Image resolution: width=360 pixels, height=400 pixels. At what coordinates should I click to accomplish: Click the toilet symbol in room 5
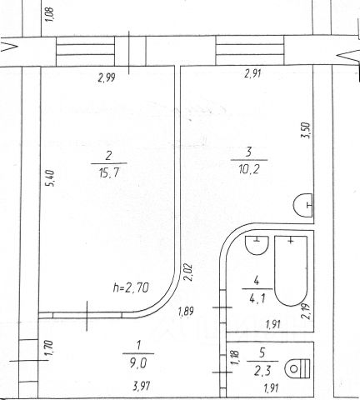tap(297, 368)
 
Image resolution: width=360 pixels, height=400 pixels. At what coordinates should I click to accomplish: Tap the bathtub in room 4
tap(291, 271)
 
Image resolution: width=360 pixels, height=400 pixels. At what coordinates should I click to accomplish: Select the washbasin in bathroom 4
tap(257, 245)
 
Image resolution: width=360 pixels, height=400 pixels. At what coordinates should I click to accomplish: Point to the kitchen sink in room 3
tap(302, 205)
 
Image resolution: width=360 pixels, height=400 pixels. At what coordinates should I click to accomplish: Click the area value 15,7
tap(109, 172)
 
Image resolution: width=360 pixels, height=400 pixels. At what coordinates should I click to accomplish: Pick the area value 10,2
tap(249, 169)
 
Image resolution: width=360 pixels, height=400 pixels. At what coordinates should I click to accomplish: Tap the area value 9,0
tap(138, 362)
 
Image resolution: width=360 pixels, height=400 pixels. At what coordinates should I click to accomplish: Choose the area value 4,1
tap(257, 298)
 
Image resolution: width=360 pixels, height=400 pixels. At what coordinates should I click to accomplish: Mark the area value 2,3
tap(262, 371)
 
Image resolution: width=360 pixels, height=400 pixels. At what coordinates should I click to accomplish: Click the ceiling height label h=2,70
tap(131, 287)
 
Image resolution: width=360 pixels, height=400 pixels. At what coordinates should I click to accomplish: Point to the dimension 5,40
tap(52, 178)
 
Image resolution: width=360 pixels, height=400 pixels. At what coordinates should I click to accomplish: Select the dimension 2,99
tap(107, 77)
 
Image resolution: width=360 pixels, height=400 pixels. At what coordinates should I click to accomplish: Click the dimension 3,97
tap(142, 386)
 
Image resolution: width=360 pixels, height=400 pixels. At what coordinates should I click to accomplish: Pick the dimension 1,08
tap(49, 14)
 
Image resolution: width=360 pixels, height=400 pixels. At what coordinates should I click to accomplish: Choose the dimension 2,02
tap(188, 272)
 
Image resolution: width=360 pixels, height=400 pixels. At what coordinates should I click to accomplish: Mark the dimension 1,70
tap(48, 348)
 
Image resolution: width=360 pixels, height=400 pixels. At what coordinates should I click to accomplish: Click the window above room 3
tap(250, 50)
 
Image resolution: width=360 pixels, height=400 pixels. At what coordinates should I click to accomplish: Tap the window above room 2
tap(85, 51)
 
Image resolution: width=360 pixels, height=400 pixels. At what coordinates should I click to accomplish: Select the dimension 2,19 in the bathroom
tap(307, 311)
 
